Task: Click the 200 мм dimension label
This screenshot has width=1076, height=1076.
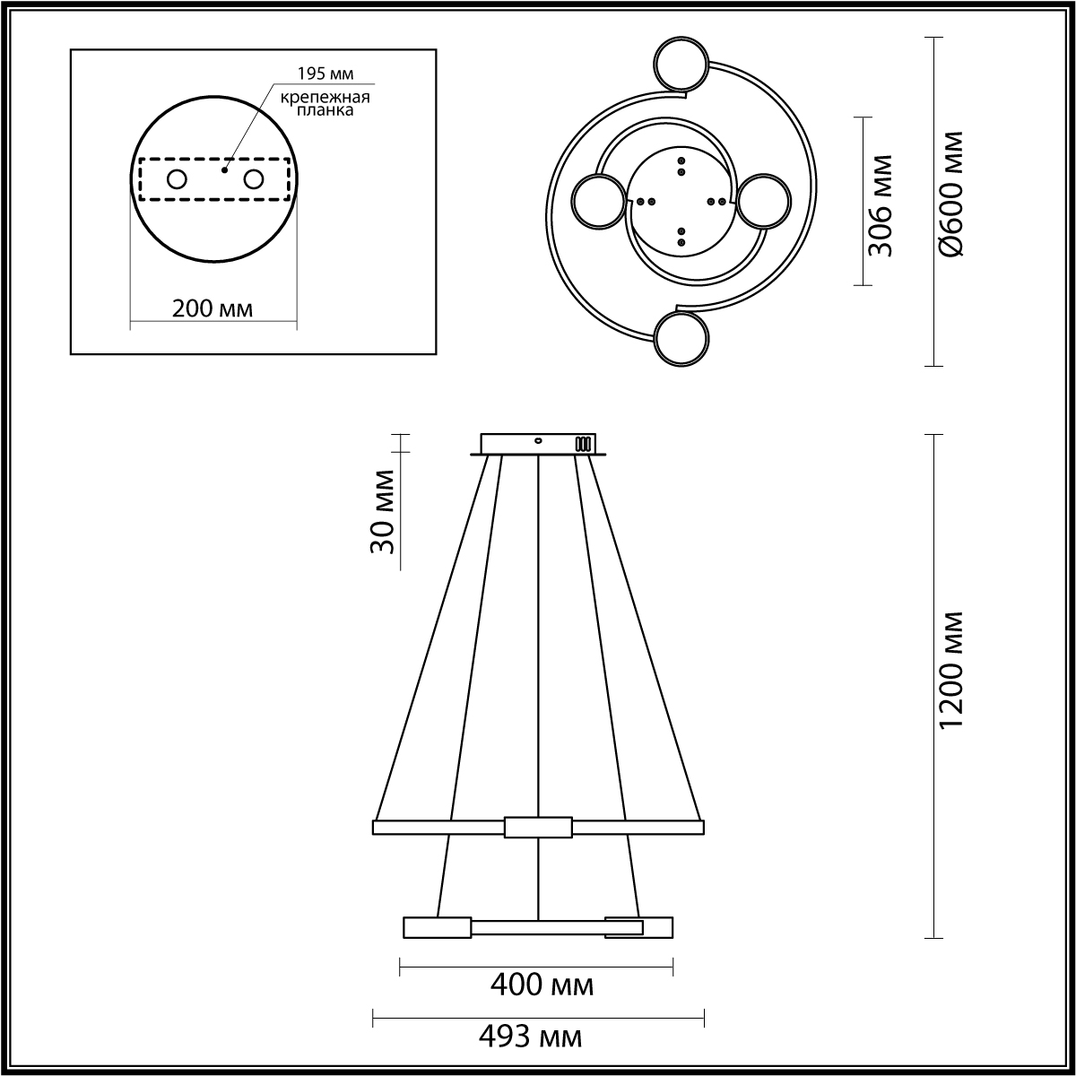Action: [x=213, y=308]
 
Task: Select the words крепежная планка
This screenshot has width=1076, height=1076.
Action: [x=324, y=104]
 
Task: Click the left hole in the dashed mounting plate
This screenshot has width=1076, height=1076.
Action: [x=176, y=179]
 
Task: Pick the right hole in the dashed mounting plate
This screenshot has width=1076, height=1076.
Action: [x=254, y=179]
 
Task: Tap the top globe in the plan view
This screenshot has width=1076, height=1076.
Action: [x=681, y=64]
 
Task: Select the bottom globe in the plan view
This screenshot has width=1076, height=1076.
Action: [x=681, y=339]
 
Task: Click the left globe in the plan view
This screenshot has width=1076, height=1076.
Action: [x=599, y=202]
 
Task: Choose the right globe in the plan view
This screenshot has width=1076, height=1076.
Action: [x=763, y=201]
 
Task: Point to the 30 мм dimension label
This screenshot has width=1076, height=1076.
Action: [x=383, y=511]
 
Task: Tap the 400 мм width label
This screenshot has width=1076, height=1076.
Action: [x=542, y=985]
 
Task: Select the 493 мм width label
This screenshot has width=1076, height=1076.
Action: [x=530, y=1037]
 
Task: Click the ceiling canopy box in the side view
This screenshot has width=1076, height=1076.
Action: [x=538, y=444]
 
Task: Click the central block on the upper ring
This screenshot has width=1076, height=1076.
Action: [x=538, y=827]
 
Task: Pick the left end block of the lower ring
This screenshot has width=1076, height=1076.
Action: [x=437, y=927]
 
